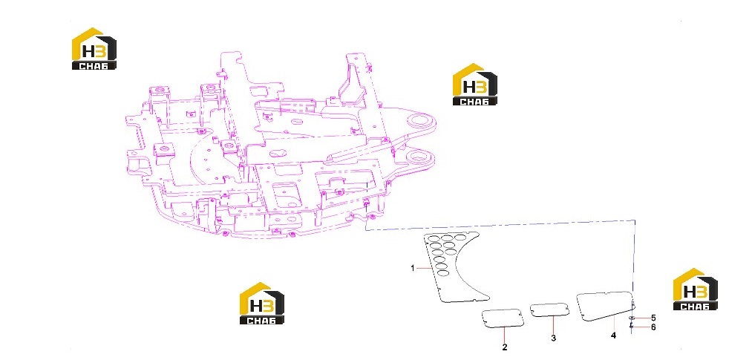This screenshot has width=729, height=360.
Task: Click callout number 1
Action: pos(413,268)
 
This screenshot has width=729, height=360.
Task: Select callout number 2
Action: pos(505,347)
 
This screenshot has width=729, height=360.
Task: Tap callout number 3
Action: pos(553,338)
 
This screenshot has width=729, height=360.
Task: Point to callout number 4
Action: pos(613,336)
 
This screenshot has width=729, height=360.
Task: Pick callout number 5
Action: pos(653,318)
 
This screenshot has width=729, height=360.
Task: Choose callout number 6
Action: pos(653,327)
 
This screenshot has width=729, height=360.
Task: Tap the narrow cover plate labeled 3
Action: pos(550,310)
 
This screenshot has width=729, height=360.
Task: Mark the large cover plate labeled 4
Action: pos(604,306)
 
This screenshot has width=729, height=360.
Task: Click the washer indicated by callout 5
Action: pos(631,318)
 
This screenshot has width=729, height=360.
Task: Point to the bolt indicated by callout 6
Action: pos(631,326)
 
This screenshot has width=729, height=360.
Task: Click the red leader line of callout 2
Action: pos(505,335)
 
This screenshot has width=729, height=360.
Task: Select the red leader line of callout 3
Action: pos(553,325)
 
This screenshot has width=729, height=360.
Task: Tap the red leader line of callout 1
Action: pos(425,269)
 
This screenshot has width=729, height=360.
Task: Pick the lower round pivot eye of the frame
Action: pos(420,157)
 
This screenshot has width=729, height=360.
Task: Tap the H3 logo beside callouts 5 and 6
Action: pos(695,289)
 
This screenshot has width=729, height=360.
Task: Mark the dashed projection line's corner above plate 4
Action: pos(635,220)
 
